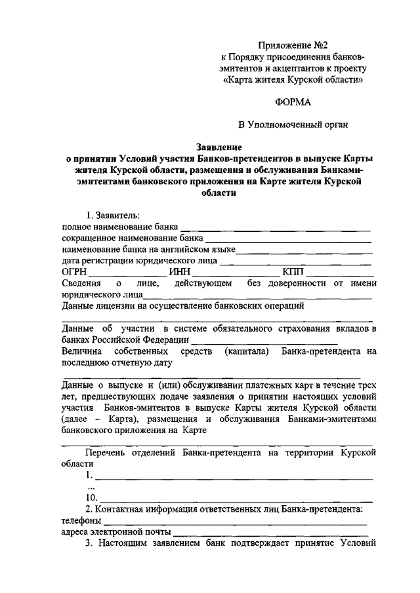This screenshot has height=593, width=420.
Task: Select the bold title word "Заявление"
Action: click(x=219, y=147)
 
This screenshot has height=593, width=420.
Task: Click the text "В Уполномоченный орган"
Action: click(x=292, y=124)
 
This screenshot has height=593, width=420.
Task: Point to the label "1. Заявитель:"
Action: click(x=112, y=214)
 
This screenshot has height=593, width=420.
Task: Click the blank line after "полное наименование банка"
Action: click(x=276, y=227)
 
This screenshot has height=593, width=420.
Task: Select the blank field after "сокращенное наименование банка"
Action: click(x=287, y=239)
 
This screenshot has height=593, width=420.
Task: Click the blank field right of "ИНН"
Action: click(x=234, y=273)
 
